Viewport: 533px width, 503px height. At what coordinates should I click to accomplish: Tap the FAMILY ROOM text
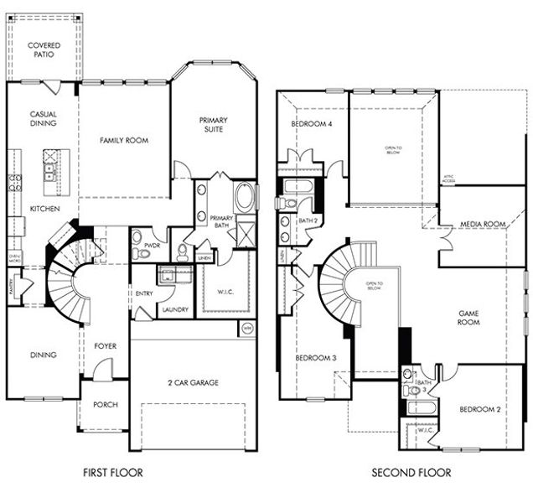point(124,140)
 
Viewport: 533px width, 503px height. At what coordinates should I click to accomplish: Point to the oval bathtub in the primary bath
point(246,198)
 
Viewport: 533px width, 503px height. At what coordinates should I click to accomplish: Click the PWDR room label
point(151,246)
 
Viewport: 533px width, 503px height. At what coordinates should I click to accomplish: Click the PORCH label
point(105,405)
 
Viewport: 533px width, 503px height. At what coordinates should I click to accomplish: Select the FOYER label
point(105,344)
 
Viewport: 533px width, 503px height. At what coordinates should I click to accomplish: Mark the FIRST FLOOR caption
point(112,474)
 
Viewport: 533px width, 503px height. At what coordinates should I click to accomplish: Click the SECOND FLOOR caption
point(411,474)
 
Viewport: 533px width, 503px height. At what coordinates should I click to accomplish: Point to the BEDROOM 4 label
point(311,124)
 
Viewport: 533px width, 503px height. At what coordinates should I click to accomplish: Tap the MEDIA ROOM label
point(483,224)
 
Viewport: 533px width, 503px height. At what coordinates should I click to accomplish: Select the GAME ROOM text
point(468,317)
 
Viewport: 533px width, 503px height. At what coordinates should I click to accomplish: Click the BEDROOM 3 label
point(315,358)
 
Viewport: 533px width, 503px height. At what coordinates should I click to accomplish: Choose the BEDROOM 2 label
point(480,410)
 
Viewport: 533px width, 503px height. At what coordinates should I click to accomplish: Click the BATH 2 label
point(309,221)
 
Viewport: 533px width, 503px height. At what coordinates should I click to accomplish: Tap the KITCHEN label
point(44,208)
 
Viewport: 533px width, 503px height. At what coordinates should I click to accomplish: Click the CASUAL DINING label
point(43,119)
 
